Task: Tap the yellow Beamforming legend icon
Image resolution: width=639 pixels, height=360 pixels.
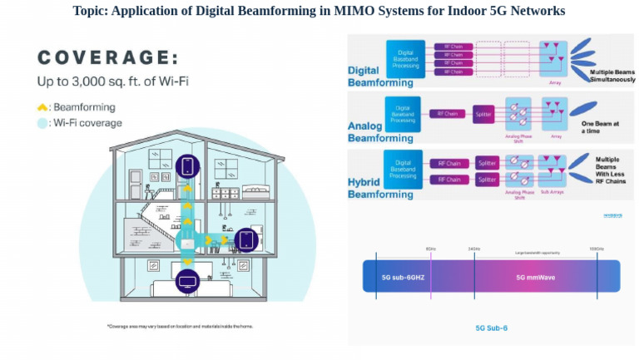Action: click(42, 107)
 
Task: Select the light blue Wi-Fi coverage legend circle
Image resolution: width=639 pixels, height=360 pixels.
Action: click(42, 123)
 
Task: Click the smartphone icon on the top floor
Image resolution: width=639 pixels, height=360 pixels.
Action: click(187, 165)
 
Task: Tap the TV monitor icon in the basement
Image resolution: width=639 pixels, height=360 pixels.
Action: click(187, 280)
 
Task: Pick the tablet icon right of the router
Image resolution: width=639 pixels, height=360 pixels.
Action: click(245, 240)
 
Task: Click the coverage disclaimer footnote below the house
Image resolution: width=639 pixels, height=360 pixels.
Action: click(180, 326)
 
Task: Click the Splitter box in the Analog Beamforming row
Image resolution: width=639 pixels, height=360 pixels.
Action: click(483, 112)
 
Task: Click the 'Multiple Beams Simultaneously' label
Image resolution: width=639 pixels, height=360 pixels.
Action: click(612, 76)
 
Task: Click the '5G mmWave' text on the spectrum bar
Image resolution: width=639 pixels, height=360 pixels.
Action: click(530, 276)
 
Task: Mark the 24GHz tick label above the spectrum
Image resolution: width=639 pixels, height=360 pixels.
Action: click(475, 249)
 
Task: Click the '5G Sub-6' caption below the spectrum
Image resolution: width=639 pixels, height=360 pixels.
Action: click(492, 328)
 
